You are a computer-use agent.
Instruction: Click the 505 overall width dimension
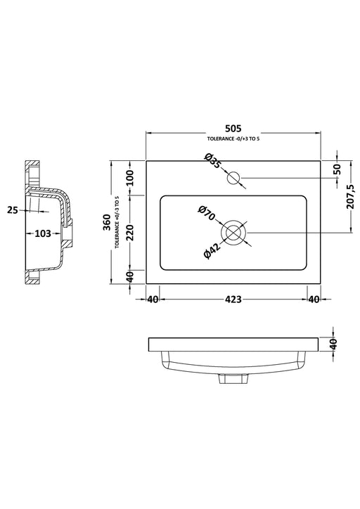pyautogui.click(x=233, y=128)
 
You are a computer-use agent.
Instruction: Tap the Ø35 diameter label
pyautogui.click(x=213, y=162)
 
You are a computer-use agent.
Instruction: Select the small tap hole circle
pyautogui.click(x=234, y=178)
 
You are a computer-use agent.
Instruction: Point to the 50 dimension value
pyautogui.click(x=337, y=169)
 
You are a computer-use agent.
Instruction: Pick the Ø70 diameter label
pyautogui.click(x=205, y=213)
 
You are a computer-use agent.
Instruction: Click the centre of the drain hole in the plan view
pyautogui.click(x=233, y=232)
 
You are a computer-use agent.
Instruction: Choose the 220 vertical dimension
pyautogui.click(x=129, y=232)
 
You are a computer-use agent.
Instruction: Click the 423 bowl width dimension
pyautogui.click(x=233, y=299)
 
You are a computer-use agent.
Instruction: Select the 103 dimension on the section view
pyautogui.click(x=42, y=233)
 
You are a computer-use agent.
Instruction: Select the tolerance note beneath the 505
pyautogui.click(x=233, y=140)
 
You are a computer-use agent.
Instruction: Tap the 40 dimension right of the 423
pyautogui.click(x=314, y=299)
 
